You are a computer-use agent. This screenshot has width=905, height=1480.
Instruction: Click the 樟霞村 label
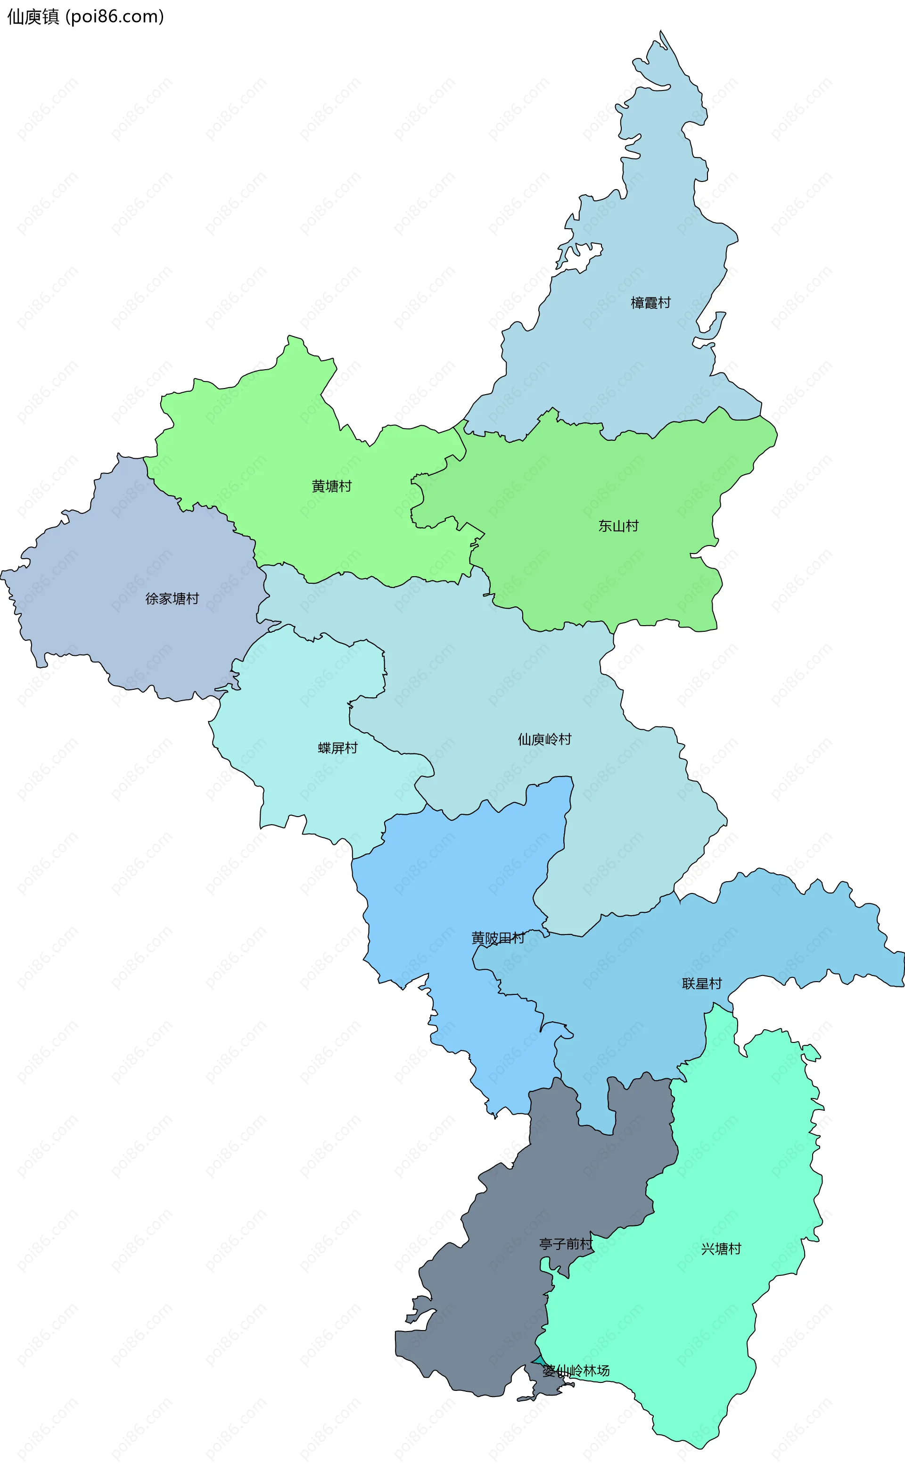pyautogui.click(x=650, y=303)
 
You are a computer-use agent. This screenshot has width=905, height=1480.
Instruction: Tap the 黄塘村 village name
pyautogui.click(x=331, y=487)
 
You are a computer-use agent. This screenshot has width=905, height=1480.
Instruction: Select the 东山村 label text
pyautogui.click(x=618, y=526)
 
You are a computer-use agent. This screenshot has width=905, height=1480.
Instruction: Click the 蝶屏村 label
pyautogui.click(x=337, y=748)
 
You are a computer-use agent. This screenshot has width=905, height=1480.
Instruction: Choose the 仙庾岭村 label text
pyautogui.click(x=544, y=739)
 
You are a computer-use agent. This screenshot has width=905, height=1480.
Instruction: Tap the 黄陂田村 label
pyautogui.click(x=498, y=938)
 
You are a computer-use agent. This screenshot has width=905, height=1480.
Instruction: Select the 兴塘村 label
pyautogui.click(x=721, y=1249)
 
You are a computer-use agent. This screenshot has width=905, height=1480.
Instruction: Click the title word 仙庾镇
pyautogui.click(x=33, y=17)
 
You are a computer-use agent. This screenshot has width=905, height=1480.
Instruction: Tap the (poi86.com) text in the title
pyautogui.click(x=114, y=17)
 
